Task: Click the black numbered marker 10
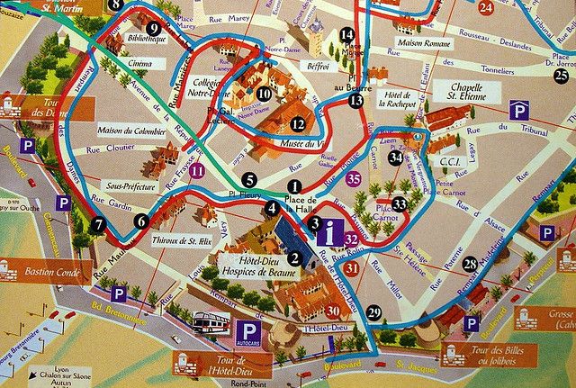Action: tap(264, 93)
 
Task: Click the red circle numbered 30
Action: tap(334, 311)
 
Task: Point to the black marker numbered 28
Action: tap(470, 264)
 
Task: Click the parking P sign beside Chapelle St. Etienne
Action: tap(518, 111)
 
